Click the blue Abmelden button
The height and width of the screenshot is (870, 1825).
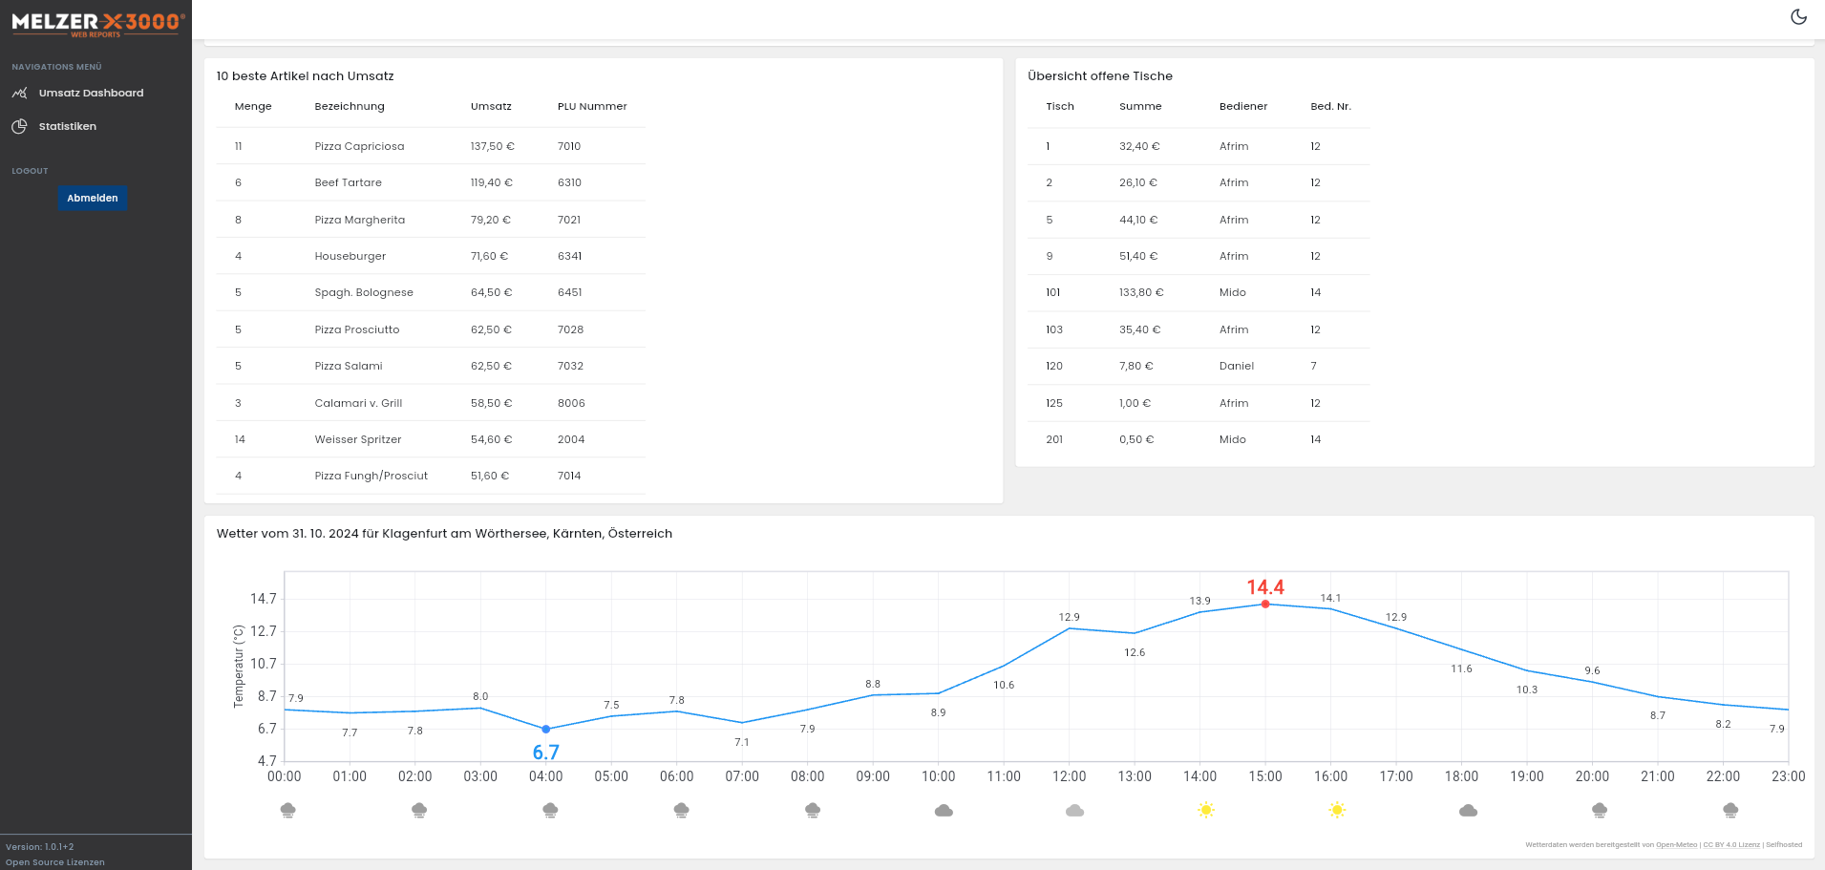tap(93, 198)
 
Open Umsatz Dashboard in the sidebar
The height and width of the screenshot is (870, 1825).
tap(91, 93)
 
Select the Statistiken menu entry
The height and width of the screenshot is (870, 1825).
tap(67, 126)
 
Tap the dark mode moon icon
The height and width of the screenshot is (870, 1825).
tap(1798, 17)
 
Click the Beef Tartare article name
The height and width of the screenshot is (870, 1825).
tap(348, 182)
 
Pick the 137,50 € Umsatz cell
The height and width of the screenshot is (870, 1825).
tap(492, 146)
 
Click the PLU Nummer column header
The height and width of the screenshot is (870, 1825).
tap(592, 106)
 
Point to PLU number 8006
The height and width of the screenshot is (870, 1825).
tap(571, 403)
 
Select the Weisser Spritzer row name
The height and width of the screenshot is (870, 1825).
tap(357, 439)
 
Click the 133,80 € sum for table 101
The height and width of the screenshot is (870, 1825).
tap(1141, 292)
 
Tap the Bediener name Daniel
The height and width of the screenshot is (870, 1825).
tap(1236, 366)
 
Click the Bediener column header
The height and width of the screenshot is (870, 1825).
tap(1242, 106)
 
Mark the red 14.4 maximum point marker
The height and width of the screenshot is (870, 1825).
tap(1265, 604)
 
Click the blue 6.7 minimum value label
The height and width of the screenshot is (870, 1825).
tap(545, 753)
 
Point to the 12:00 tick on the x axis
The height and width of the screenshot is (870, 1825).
tap(1069, 776)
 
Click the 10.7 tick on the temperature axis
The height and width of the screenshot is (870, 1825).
tap(263, 664)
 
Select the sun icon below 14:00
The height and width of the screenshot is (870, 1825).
tap(1205, 810)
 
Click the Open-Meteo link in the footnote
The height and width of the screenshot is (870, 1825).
tap(1676, 844)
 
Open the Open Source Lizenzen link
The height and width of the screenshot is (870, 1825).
tap(54, 862)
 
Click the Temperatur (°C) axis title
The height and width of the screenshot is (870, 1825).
tap(239, 666)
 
